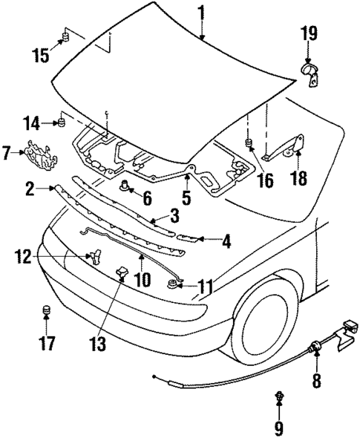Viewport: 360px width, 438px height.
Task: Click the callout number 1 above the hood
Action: click(201, 13)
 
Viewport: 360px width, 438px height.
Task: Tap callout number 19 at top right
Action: click(309, 33)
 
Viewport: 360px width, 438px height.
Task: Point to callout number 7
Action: click(7, 154)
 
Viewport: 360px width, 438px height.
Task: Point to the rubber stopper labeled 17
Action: click(47, 310)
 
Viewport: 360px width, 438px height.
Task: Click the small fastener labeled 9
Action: click(280, 398)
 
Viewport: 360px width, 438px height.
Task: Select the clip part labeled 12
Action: click(94, 256)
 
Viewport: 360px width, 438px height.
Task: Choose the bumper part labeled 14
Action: click(63, 122)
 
